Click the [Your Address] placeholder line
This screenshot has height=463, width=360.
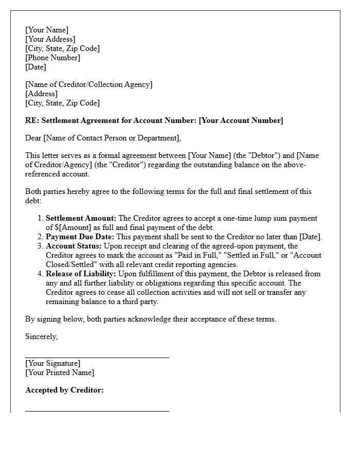tap(50, 39)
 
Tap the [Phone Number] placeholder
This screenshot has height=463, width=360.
tap(52, 58)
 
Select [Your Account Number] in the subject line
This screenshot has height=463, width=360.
tap(241, 120)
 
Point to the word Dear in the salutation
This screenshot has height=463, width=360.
tap(33, 138)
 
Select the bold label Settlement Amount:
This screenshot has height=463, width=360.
tap(81, 219)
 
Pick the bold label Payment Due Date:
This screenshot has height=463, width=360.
tap(80, 237)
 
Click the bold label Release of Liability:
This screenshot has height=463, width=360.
tap(81, 274)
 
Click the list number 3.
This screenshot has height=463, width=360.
tap(40, 246)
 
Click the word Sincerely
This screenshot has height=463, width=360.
tap(41, 336)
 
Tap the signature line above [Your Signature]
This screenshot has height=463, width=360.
tap(97, 357)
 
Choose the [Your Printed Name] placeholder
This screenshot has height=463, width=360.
tap(60, 372)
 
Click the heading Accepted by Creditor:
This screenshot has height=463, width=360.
tap(64, 390)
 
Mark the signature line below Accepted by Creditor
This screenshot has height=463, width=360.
tap(97, 411)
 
